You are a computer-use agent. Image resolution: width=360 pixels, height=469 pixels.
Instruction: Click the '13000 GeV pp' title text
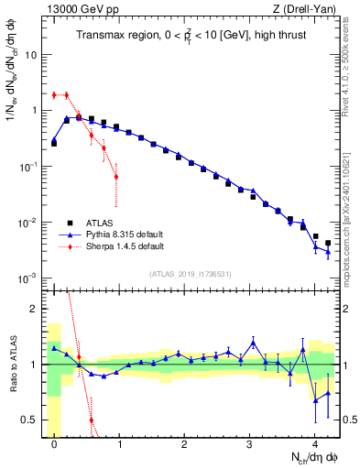pyautogui.click(x=79, y=9)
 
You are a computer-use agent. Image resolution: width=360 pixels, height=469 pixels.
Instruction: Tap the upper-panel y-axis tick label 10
pyautogui.click(x=31, y=54)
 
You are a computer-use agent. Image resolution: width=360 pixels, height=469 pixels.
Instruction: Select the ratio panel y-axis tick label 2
pyautogui.click(x=35, y=309)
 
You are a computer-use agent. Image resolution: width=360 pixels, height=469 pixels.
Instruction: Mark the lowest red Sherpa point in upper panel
pyautogui.click(x=116, y=177)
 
